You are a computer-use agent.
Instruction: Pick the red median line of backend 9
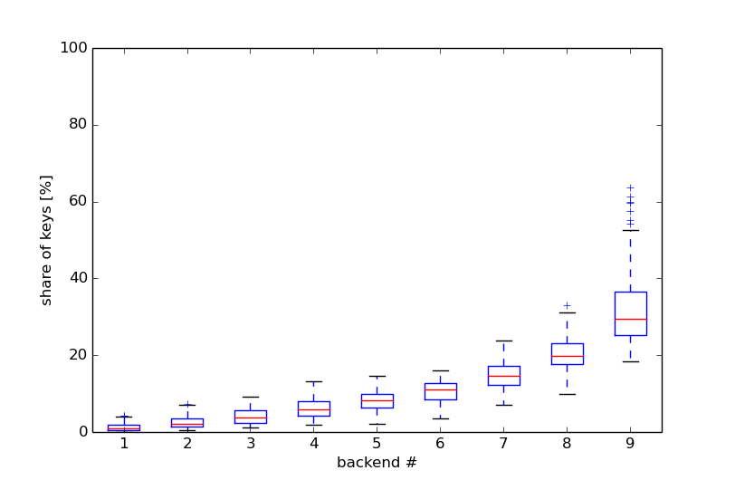coord(630,319)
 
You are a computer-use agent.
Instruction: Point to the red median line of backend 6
coord(440,389)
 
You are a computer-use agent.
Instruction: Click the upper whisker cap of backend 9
coord(630,230)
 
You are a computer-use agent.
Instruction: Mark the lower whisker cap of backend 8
coord(567,394)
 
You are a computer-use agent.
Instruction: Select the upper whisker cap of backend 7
coord(503,341)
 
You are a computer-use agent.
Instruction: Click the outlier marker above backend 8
coord(567,305)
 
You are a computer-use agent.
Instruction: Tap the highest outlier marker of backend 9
coord(630,187)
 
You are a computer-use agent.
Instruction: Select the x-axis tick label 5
coord(377,444)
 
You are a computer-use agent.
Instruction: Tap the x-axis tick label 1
coord(124,444)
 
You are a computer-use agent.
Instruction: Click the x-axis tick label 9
coord(630,444)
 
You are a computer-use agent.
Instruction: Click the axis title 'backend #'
coord(377,463)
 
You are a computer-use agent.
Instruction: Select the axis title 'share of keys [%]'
coord(46,240)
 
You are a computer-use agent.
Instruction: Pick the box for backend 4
coord(313,409)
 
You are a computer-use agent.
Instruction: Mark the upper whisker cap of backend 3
coord(250,397)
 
